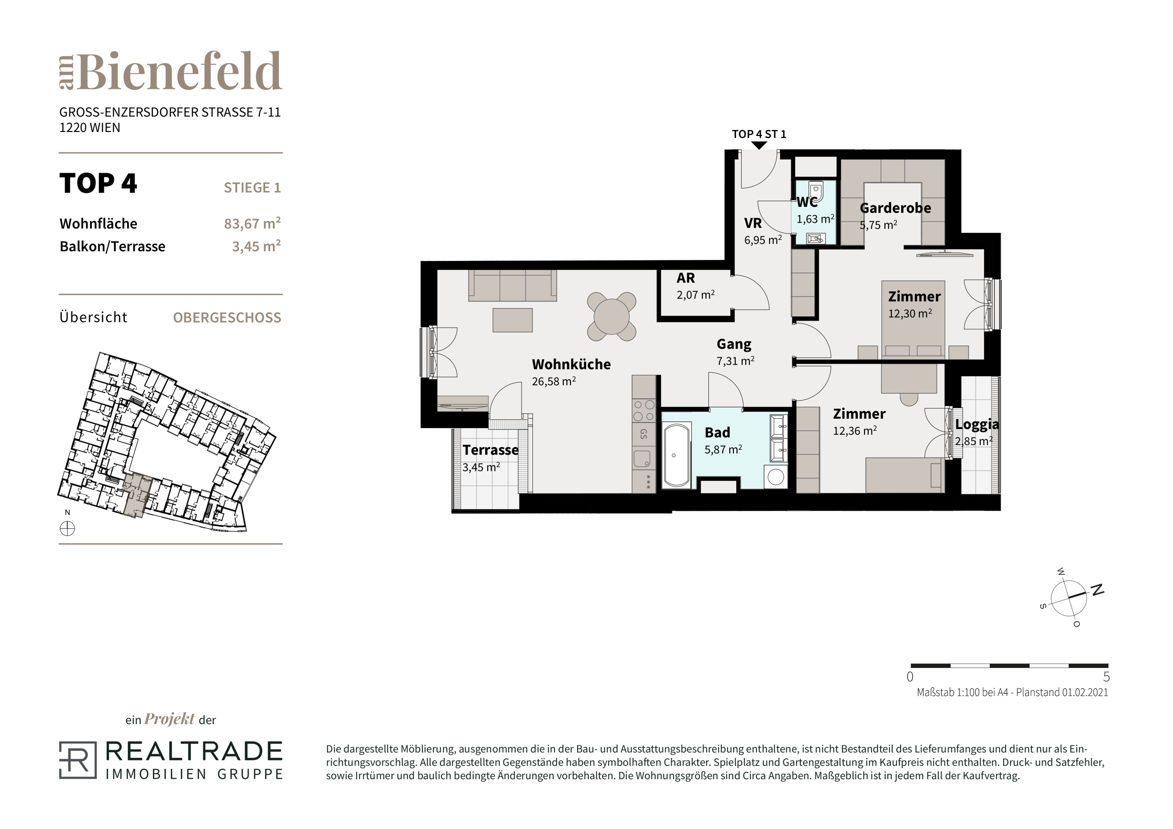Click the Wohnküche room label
pos(571,364)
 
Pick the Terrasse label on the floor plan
pos(490,450)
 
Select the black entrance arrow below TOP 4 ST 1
pos(759,145)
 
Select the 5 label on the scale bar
pos(1107,677)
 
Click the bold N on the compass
pos(1097,590)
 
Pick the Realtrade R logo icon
pos(78,760)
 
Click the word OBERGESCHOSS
pos(227,318)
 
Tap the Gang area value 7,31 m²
pos(735,361)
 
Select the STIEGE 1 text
pos(252,188)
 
